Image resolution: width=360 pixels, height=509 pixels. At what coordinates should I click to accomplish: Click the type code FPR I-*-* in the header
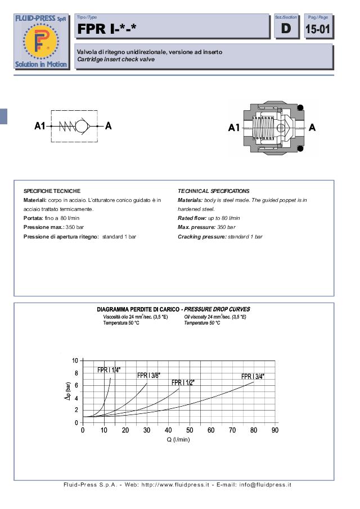click(x=107, y=29)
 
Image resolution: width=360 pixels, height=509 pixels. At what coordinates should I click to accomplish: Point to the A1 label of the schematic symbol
click(x=39, y=126)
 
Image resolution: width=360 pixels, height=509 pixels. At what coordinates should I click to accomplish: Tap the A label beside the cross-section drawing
click(x=312, y=128)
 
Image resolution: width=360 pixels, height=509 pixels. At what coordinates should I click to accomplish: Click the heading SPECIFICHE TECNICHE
click(x=52, y=191)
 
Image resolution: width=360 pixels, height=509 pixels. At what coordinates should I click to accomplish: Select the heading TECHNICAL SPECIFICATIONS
click(x=213, y=191)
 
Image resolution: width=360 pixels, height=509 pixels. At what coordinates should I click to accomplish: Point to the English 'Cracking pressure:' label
click(x=201, y=237)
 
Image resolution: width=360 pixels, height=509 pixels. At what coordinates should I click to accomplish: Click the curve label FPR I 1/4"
click(x=109, y=370)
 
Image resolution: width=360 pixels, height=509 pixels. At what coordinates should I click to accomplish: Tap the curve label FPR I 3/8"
click(x=148, y=375)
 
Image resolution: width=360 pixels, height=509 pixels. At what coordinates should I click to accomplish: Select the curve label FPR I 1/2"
click(x=183, y=382)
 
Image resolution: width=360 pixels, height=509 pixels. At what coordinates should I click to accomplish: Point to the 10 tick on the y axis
click(x=75, y=360)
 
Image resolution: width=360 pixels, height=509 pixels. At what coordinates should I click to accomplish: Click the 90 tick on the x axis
click(x=275, y=430)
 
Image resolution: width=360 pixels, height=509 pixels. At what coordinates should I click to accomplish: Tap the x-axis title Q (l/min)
click(x=178, y=440)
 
